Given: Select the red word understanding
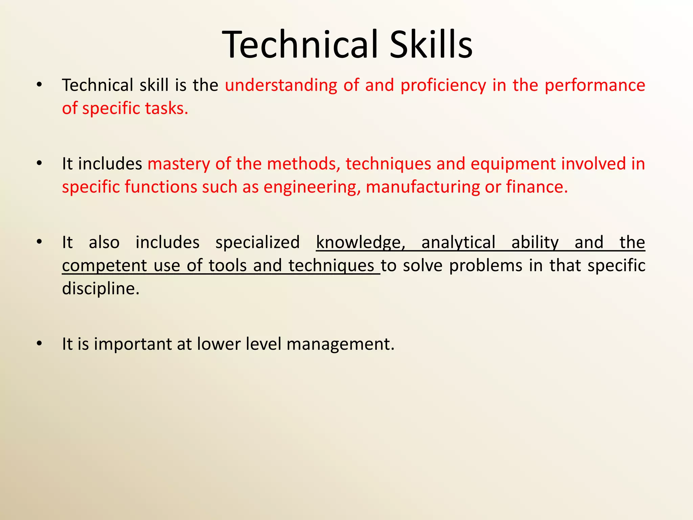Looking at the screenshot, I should click(281, 85).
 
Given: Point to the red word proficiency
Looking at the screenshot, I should click(443, 85).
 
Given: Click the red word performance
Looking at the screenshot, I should click(595, 85).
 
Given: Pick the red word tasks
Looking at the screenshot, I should click(166, 108).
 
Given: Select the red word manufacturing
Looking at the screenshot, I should click(423, 187).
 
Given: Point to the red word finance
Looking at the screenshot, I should click(537, 187).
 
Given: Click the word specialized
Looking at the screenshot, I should click(258, 242).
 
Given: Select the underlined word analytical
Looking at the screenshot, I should click(459, 242).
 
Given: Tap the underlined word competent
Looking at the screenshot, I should click(105, 266).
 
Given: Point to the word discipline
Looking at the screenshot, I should click(101, 289).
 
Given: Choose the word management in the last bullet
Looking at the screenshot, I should click(340, 344).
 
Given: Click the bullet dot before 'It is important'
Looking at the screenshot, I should click(40, 344).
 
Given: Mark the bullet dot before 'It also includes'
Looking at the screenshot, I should click(40, 242).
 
